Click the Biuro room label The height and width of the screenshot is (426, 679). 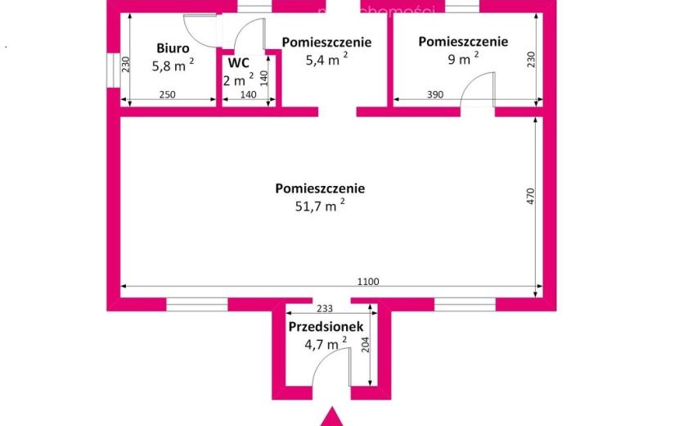173,48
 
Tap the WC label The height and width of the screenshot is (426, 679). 238,63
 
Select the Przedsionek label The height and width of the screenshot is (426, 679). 326,326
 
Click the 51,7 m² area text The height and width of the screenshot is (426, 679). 320,205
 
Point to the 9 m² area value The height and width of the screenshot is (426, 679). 463,58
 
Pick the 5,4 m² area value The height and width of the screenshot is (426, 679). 326,59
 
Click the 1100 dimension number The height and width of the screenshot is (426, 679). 368,282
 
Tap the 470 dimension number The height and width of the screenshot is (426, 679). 531,197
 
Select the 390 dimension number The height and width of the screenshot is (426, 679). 435,94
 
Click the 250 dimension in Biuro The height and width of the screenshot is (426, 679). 167,94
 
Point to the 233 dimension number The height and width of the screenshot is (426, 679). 325,308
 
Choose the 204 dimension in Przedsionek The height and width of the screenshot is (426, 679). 366,345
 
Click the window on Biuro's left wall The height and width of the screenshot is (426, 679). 114,70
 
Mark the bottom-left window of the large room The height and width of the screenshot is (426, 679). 197,304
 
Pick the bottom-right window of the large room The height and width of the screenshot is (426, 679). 465,304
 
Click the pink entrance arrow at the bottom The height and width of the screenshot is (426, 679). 331,417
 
